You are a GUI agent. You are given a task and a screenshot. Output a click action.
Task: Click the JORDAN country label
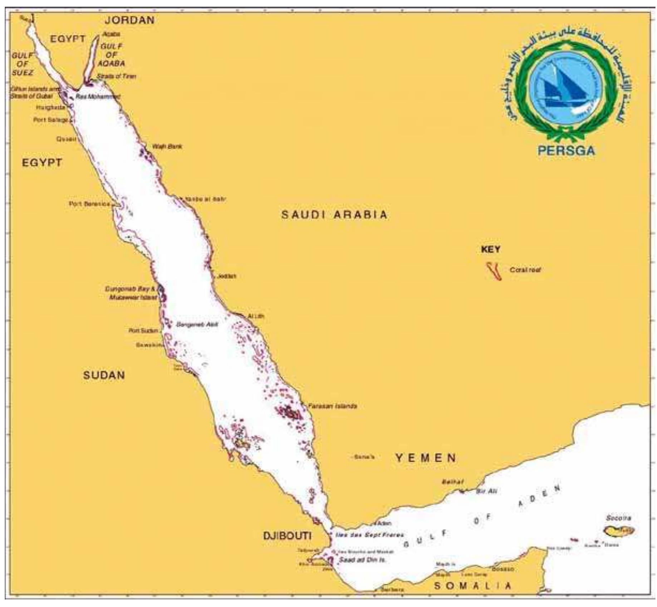(x=129, y=20)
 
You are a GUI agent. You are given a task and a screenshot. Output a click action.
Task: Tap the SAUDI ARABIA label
(x=334, y=215)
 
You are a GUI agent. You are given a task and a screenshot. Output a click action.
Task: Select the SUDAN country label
(x=104, y=375)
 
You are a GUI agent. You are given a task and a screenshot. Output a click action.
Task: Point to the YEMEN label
(x=426, y=458)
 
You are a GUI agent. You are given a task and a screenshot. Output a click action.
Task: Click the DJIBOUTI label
(x=287, y=536)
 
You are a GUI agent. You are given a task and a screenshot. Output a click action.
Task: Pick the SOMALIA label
(x=472, y=586)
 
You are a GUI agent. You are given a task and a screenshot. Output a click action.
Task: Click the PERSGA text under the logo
(x=567, y=150)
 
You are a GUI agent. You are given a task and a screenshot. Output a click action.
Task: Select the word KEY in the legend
(x=491, y=249)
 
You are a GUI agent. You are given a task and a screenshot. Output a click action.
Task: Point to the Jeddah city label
(x=226, y=276)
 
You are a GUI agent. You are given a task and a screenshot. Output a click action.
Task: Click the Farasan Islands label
(x=332, y=406)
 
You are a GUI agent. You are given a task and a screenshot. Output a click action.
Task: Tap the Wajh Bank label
(x=167, y=146)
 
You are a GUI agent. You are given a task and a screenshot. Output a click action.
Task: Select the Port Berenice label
(x=89, y=204)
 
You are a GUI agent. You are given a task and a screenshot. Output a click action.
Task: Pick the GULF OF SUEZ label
(x=23, y=64)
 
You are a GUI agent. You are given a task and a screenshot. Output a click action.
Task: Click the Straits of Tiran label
(x=117, y=76)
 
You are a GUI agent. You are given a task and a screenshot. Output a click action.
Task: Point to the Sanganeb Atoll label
(x=197, y=324)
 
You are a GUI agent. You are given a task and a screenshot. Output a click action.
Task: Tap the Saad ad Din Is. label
(x=362, y=560)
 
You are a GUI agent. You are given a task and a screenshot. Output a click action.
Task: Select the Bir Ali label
(x=486, y=492)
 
